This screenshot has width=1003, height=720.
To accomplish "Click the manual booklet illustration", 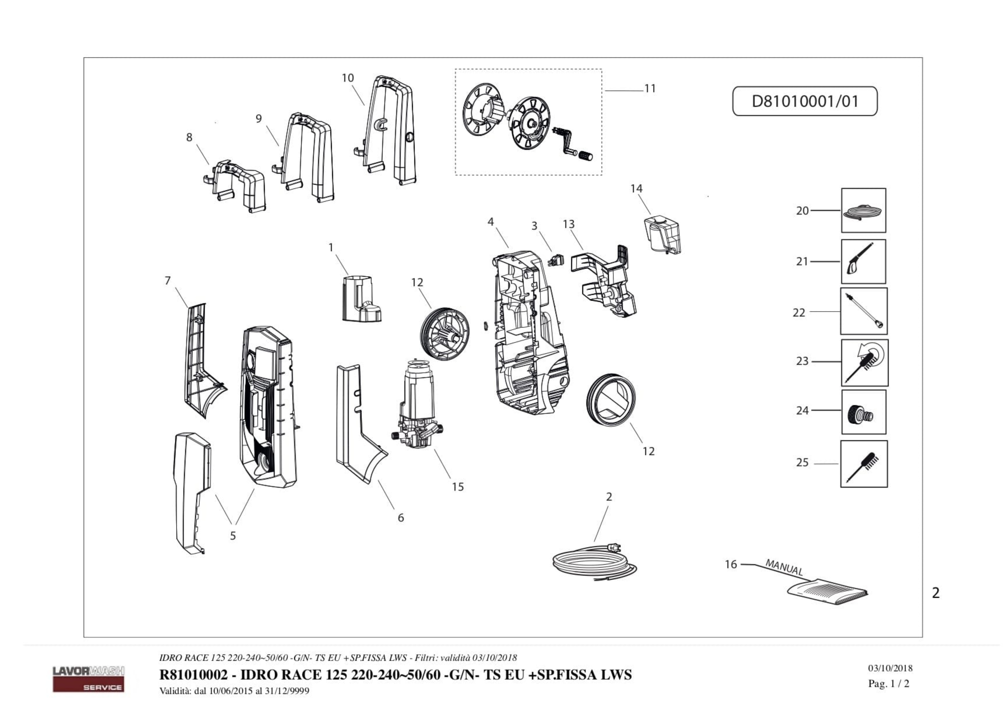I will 827,591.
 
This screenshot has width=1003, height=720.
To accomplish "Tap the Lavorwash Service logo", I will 88,679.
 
